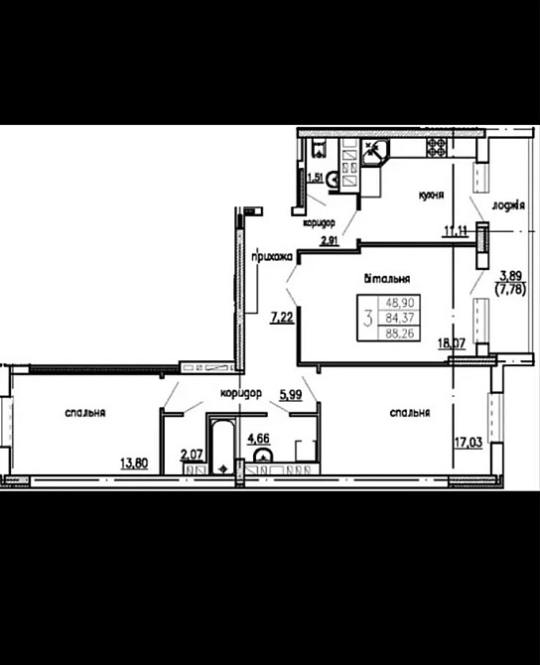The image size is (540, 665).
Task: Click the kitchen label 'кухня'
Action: click(432, 197)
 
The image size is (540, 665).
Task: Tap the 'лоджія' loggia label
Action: click(507, 206)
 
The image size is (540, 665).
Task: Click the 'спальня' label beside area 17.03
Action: click(410, 412)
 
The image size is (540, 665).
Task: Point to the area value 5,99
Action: click(291, 394)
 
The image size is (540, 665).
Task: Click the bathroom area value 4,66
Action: click(257, 437)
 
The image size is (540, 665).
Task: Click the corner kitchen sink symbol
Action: click(376, 150)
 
